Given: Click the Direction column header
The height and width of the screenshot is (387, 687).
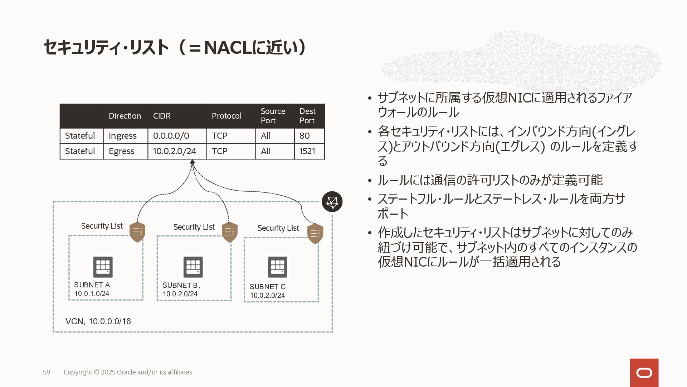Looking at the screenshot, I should click(125, 116).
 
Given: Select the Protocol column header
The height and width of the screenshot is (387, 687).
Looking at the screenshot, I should click(226, 116).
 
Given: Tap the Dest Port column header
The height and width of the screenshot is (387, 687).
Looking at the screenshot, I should click(307, 116).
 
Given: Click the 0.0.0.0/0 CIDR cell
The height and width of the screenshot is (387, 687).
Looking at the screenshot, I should click(171, 136).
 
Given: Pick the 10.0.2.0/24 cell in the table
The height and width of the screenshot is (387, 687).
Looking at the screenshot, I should click(175, 151).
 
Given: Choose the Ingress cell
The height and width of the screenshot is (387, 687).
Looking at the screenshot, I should click(123, 136).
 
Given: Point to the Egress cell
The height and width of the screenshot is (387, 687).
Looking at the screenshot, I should click(122, 151).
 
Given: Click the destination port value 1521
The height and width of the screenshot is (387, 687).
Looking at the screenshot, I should click(307, 151).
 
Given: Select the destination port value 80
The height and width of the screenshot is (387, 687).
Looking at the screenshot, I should click(304, 136).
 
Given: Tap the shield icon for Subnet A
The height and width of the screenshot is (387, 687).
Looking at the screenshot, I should click(137, 232).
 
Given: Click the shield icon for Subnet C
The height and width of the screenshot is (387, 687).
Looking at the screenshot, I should click(315, 234).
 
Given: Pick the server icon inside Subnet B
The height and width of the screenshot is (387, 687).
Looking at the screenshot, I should click(193, 267).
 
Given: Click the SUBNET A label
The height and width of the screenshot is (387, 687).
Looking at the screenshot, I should click(93, 285).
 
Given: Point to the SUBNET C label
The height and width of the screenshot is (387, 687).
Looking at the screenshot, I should click(268, 287).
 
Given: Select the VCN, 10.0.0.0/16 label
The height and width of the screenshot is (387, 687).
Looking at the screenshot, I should click(98, 321).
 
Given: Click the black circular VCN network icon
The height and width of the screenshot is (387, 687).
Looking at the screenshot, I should click(332, 202).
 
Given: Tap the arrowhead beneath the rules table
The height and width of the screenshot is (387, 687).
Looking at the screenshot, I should click(193, 162).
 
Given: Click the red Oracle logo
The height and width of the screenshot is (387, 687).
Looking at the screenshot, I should click(644, 373).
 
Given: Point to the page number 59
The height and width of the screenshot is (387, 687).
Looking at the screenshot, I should click(47, 372).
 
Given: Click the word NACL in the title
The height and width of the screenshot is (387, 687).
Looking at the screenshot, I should click(228, 47).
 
